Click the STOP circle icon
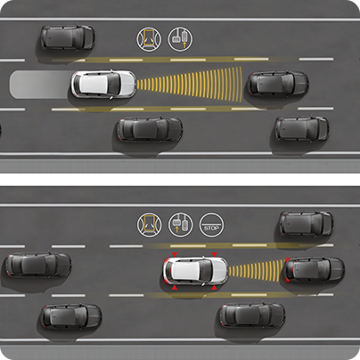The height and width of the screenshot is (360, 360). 211,225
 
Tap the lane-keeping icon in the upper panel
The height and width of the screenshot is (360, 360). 149,39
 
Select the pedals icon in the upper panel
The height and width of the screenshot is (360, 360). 180,39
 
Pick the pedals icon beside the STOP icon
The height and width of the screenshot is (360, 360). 180,225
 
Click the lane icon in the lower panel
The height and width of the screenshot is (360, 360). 150,225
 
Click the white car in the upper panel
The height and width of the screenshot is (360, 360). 103,84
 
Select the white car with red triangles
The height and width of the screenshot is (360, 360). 195,271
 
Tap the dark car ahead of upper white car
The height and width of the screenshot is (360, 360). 278,85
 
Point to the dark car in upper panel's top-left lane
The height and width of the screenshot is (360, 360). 68,37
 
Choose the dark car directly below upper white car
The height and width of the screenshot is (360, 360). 149,129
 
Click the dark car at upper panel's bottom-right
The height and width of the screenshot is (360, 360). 301,128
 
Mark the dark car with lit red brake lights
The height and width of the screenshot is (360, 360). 315,270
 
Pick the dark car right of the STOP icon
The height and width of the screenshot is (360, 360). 307,224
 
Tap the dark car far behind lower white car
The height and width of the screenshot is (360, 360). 38,266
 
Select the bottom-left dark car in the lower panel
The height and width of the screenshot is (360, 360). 71,316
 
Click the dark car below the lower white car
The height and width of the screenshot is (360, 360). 252,315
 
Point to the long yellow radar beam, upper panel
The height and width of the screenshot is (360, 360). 190,85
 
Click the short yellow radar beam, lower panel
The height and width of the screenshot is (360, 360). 257,271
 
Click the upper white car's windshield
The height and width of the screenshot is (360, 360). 113,84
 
